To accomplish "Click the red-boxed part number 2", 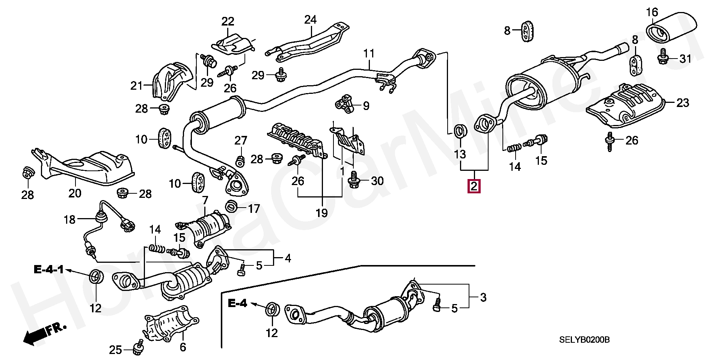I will [x=474, y=186].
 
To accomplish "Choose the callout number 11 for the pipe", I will [x=369, y=54].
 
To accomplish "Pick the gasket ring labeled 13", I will [x=460, y=131].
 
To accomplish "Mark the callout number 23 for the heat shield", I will [x=682, y=102].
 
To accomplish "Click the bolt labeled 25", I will [x=138, y=349].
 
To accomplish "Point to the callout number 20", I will [x=75, y=193].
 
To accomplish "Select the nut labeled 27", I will [x=240, y=161].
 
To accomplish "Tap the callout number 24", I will [x=311, y=20].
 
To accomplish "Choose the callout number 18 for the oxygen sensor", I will [x=70, y=219].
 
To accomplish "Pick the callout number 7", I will [x=205, y=200].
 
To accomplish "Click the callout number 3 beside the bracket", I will [x=483, y=298].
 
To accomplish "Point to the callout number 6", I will [x=183, y=347].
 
